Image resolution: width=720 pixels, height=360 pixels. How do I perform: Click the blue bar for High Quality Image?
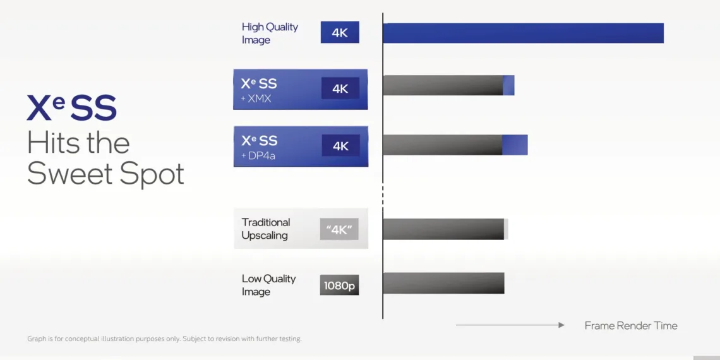[x=523, y=33]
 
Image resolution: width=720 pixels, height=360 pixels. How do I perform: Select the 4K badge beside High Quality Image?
[x=340, y=33]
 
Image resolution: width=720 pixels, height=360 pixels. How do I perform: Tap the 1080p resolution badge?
[x=339, y=285]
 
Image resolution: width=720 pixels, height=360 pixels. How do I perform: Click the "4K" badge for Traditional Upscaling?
[x=339, y=229]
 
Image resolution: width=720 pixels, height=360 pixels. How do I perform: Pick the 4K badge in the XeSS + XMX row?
[x=340, y=89]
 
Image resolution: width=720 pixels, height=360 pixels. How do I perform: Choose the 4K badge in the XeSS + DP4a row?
[x=340, y=146]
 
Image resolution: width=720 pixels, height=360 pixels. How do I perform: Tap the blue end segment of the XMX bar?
[x=508, y=86]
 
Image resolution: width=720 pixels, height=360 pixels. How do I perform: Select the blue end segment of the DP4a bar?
[x=515, y=145]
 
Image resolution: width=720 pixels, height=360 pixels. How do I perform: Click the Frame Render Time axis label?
[x=630, y=326]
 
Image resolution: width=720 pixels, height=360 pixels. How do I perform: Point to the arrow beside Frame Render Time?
[x=509, y=325]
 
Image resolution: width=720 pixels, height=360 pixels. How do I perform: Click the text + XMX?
[x=256, y=99]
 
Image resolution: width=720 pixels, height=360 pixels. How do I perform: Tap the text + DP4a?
[x=259, y=155]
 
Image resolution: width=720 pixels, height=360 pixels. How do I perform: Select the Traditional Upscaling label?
[x=265, y=229]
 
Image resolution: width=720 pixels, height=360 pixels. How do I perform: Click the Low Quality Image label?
[x=268, y=285]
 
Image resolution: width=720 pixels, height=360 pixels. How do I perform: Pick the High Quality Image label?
[x=270, y=33]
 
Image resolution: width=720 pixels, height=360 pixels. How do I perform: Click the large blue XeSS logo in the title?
[x=71, y=108]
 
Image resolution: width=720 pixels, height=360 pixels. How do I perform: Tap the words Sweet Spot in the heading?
[x=105, y=174]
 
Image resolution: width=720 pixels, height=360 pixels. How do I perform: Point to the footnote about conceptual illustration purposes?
[x=164, y=339]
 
